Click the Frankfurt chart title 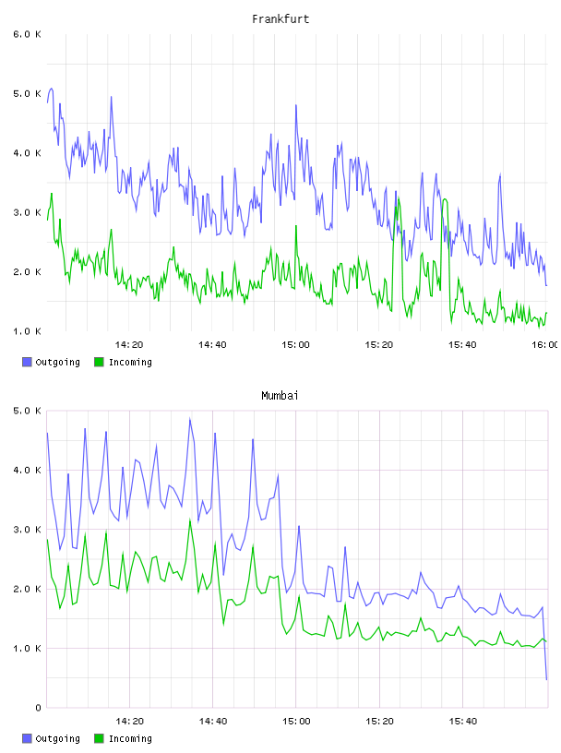[280, 19]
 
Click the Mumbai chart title [280, 396]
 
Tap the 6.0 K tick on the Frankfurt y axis [27, 34]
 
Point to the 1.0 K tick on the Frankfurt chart [27, 331]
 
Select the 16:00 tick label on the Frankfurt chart [545, 345]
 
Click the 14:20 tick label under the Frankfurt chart [129, 345]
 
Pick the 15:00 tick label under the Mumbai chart [296, 722]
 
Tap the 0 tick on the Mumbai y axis [38, 708]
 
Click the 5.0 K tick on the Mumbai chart [27, 411]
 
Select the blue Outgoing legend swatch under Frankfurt [27, 362]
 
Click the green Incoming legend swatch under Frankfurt [99, 362]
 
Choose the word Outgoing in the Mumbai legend [57, 738]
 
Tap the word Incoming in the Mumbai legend [130, 738]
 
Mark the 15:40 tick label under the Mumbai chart [462, 722]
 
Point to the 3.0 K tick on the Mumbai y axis [27, 530]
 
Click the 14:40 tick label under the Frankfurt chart [212, 345]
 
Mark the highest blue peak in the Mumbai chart [190, 419]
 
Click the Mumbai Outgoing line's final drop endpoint [546, 679]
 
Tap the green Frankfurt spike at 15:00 [296, 226]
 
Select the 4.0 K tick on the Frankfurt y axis [27, 153]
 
